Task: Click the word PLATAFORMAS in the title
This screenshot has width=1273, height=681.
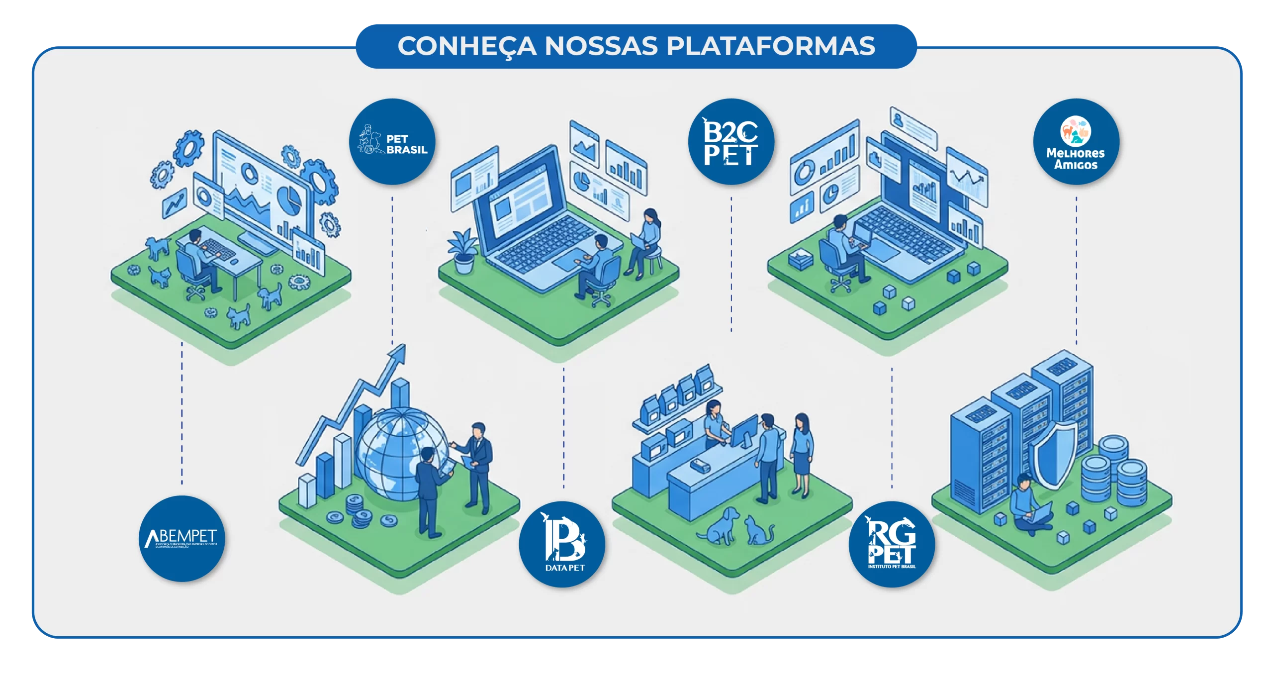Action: pyautogui.click(x=770, y=46)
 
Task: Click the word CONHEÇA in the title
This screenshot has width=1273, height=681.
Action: pyautogui.click(x=467, y=46)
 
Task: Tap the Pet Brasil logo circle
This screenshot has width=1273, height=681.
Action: pyautogui.click(x=392, y=142)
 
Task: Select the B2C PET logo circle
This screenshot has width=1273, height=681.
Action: pyautogui.click(x=731, y=142)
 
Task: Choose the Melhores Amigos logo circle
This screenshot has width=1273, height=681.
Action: pyautogui.click(x=1076, y=142)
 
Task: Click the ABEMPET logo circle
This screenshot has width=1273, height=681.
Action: pyautogui.click(x=182, y=539)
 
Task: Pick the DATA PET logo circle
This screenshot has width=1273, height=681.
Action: pyautogui.click(x=562, y=544)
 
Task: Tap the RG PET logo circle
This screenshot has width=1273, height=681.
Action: pyautogui.click(x=892, y=544)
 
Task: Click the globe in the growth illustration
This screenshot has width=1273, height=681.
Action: pyautogui.click(x=398, y=453)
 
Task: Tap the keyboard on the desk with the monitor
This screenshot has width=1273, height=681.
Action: pyautogui.click(x=219, y=248)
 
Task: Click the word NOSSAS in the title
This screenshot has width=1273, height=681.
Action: pyautogui.click(x=601, y=46)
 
